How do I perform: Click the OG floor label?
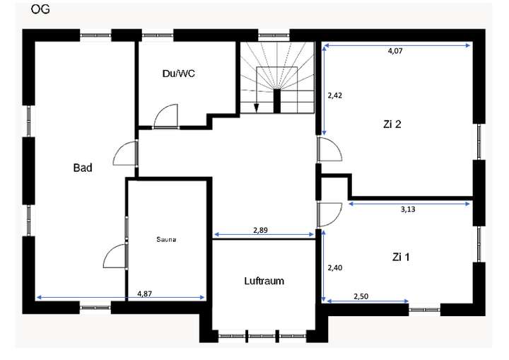coord(40,10)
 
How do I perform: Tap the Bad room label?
coord(83,168)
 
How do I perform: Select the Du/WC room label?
coord(178,74)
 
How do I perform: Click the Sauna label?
coord(165,239)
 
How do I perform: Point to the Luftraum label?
coord(264,281)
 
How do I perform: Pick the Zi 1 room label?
coord(401,257)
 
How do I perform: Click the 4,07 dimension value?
coord(397,52)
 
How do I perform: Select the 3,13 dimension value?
coord(409,209)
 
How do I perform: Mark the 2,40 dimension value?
coord(334,268)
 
